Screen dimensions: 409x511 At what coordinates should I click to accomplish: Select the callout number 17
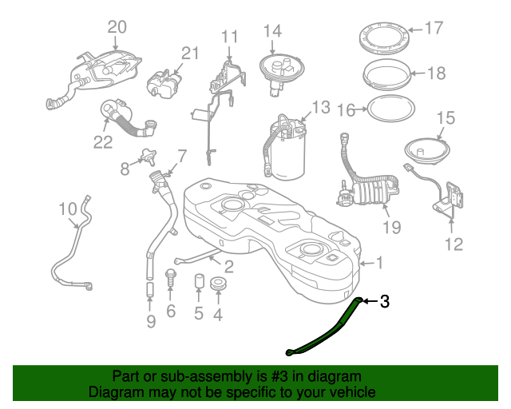pyautogui.click(x=433, y=29)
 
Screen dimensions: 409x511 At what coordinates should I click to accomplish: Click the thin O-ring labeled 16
pyautogui.click(x=390, y=108)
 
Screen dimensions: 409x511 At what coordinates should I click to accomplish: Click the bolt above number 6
pyautogui.click(x=170, y=278)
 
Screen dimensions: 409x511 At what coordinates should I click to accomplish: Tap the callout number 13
pyautogui.click(x=320, y=107)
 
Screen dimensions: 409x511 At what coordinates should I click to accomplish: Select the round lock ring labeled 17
pyautogui.click(x=384, y=38)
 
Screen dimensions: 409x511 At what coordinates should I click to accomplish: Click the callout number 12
pyautogui.click(x=453, y=244)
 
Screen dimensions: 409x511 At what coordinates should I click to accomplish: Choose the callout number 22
pyautogui.click(x=103, y=142)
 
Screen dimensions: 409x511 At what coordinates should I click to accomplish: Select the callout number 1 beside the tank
pyautogui.click(x=379, y=262)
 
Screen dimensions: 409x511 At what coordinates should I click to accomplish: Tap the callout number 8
pyautogui.click(x=125, y=169)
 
